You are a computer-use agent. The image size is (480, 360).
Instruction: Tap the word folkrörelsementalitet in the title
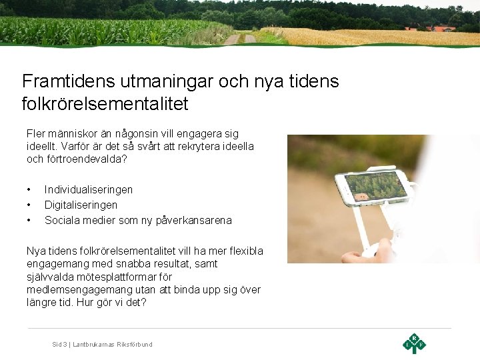[105, 104]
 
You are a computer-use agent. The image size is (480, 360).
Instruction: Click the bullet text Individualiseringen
[89, 190]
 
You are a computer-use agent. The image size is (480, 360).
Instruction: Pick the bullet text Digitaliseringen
[81, 205]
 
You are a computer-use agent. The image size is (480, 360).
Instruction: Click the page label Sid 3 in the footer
[60, 344]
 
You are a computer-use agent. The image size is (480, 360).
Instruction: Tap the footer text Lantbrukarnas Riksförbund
[113, 344]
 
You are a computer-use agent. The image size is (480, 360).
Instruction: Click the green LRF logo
[414, 343]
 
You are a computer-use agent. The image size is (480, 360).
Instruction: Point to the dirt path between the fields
[240, 39]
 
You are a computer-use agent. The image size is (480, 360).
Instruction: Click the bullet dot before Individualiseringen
[29, 190]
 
